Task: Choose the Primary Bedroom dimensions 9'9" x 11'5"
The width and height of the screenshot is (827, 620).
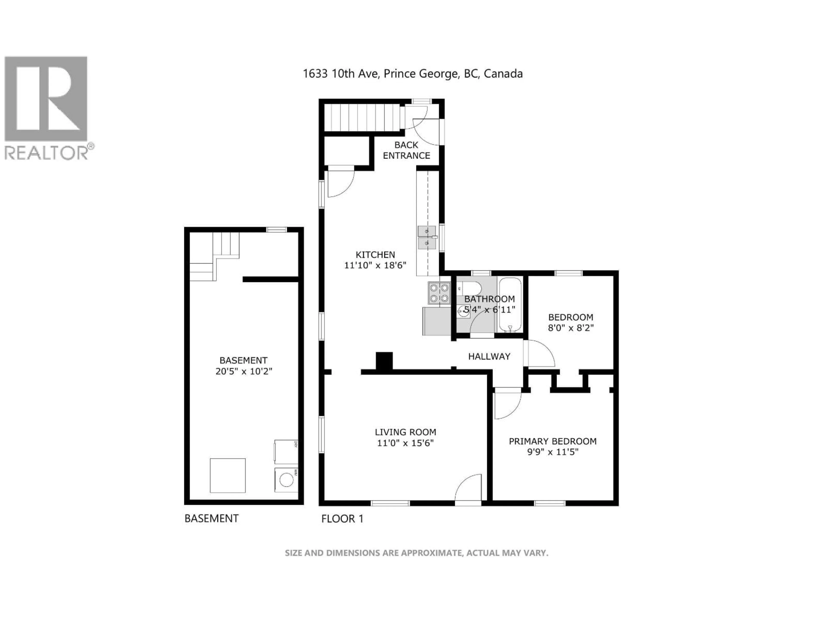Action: pyautogui.click(x=553, y=452)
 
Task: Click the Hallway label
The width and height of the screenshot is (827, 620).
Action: pyautogui.click(x=489, y=356)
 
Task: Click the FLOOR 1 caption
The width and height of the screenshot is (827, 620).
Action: pyautogui.click(x=342, y=519)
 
